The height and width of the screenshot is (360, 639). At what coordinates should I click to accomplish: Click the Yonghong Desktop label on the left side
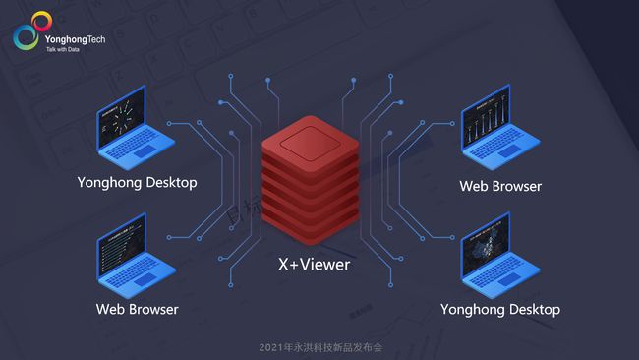pos(138,182)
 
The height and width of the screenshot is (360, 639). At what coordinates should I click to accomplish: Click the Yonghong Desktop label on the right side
pos(500,309)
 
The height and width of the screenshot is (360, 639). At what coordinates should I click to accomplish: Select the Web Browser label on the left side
pos(138,309)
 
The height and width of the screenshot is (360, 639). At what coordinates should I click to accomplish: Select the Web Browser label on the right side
pos(500,185)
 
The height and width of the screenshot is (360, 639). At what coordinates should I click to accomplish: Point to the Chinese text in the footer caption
pos(333,347)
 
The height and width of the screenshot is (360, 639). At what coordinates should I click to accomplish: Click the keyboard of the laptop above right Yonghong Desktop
pos(502,282)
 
